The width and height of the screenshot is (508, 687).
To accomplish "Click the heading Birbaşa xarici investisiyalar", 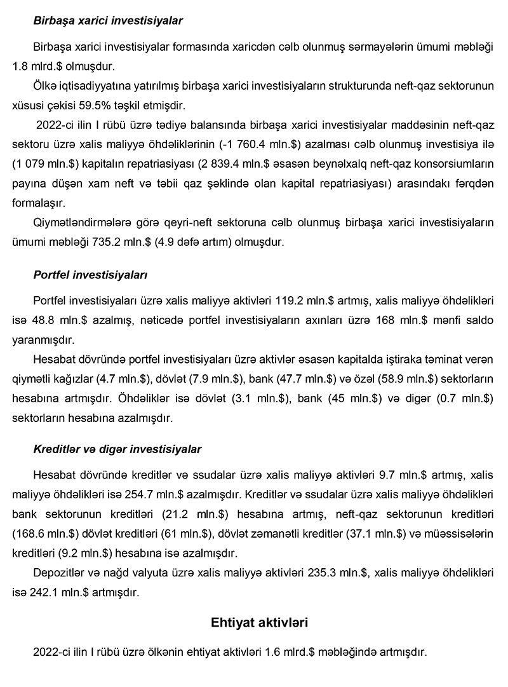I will [107, 21].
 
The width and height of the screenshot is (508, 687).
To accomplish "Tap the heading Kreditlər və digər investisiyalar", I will [117, 449].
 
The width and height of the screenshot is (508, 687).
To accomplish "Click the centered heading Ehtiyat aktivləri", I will [260, 623].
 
